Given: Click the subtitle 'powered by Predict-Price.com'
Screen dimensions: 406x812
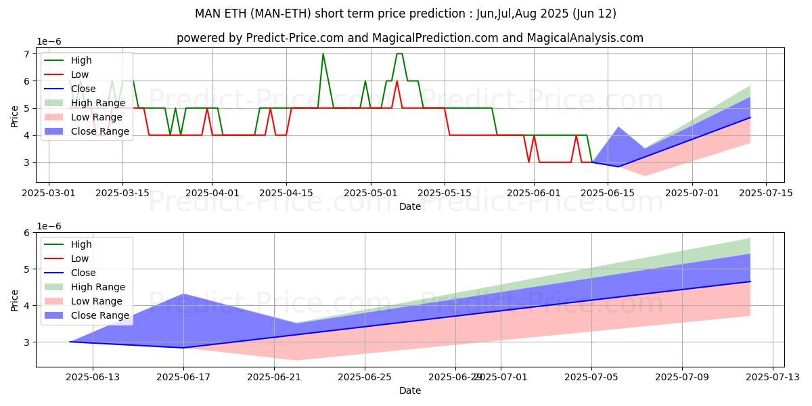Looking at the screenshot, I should pos(410,38).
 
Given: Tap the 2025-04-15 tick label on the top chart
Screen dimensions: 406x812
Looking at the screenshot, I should pos(286,193).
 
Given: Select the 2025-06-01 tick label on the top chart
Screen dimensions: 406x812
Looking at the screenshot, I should pos(534,193).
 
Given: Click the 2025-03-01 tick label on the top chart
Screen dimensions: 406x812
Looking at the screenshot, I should pos(49,193).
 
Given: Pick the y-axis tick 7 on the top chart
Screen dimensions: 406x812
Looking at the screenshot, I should pos(27,54).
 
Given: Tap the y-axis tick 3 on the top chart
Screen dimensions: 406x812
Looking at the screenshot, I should pos(27,162).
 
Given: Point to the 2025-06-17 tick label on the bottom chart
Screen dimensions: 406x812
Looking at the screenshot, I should pos(183,377).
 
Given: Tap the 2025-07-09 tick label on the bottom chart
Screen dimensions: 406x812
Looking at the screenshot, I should pos(682,377).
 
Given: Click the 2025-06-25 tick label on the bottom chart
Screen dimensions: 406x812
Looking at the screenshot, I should pos(365,377).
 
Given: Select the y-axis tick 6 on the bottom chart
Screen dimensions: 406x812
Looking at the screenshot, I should pos(27,233).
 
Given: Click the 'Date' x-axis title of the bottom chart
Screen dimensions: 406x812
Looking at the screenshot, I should pos(410,390).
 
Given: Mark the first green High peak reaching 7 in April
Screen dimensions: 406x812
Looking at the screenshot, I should pos(323,54).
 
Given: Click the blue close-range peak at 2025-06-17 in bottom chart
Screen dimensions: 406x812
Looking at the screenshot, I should pos(183,294).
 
